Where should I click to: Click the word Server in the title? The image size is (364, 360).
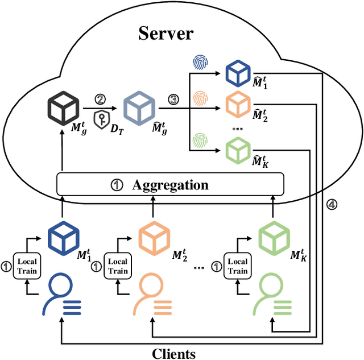click(x=166, y=32)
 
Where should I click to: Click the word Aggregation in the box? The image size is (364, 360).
click(x=170, y=185)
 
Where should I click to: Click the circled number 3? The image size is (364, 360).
click(x=172, y=100)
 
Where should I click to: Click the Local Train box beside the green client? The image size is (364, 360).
click(x=238, y=267)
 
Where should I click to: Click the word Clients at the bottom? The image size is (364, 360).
click(x=173, y=353)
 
